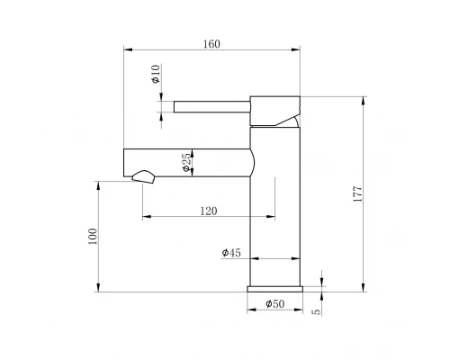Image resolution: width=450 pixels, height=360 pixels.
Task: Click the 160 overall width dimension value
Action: [212, 44]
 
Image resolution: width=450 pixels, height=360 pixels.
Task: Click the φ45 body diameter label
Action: [231, 254]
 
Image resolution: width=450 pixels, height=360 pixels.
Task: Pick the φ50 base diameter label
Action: [274, 305]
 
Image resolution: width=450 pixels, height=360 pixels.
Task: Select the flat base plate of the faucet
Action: [274, 289]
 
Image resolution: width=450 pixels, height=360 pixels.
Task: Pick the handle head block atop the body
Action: [275, 111]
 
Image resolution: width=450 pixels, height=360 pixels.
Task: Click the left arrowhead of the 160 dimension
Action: [126, 51]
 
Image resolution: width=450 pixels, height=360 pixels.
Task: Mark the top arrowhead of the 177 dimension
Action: [363, 98]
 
